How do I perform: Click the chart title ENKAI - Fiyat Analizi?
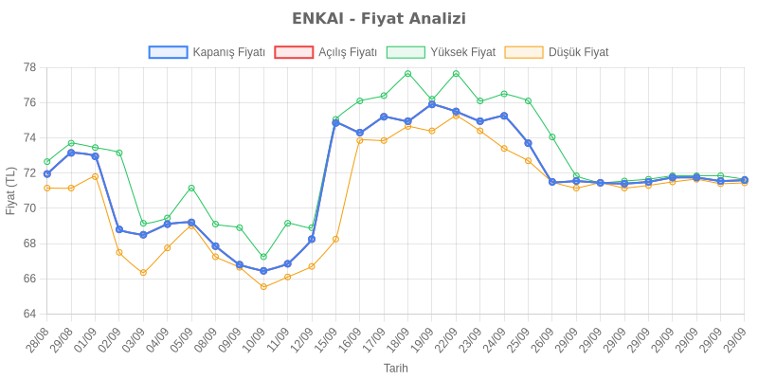tap(379, 19)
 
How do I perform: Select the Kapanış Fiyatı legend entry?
tap(208, 52)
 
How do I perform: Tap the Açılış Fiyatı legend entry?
tap(326, 52)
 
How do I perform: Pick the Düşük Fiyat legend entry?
tap(558, 52)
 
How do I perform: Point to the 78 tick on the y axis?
tap(29, 67)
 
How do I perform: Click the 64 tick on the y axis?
tap(29, 314)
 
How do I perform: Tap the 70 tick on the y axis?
tap(29, 208)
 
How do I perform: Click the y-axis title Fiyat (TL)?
tap(11, 190)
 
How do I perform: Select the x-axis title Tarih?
tap(396, 367)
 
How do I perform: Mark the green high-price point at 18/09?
tap(407, 73)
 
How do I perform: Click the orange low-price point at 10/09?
tap(263, 286)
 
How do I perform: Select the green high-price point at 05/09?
tap(190, 188)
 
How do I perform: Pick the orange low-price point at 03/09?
tap(143, 273)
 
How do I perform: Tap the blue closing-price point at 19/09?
tap(432, 105)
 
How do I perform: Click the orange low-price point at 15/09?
tap(335, 239)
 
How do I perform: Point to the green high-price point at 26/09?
tap(552, 136)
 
